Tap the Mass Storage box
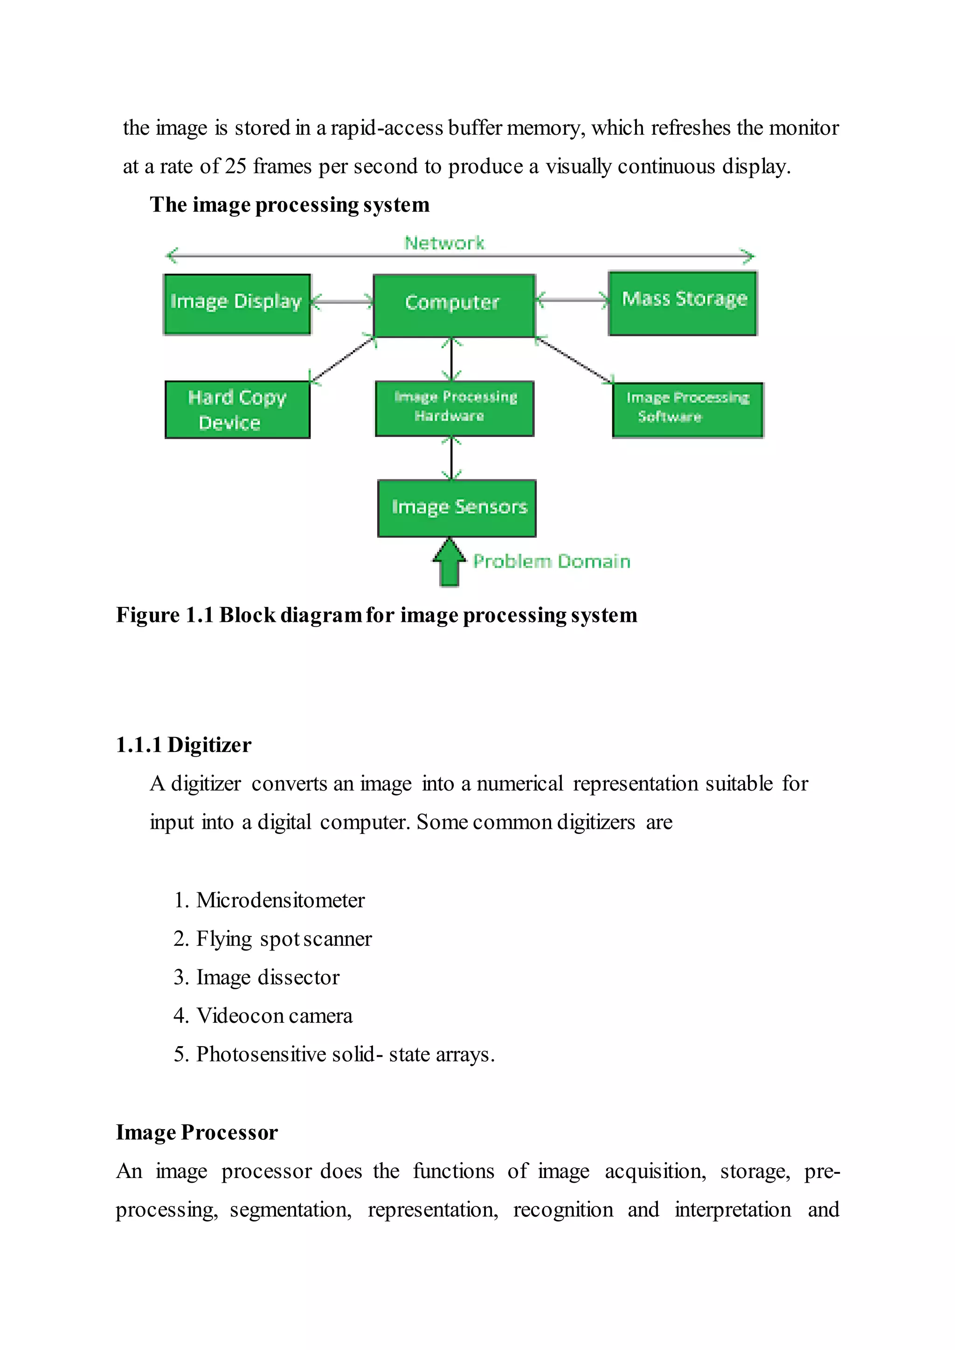click(683, 303)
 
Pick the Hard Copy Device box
click(237, 410)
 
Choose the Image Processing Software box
click(687, 410)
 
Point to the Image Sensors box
click(457, 508)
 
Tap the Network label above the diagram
click(444, 243)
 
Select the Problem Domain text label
click(552, 562)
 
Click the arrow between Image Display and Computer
click(342, 302)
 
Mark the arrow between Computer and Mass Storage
click(572, 300)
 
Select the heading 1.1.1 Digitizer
click(183, 745)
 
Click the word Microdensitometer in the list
click(281, 900)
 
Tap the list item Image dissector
click(268, 977)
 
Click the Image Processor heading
click(196, 1132)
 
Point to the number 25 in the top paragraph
click(235, 166)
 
